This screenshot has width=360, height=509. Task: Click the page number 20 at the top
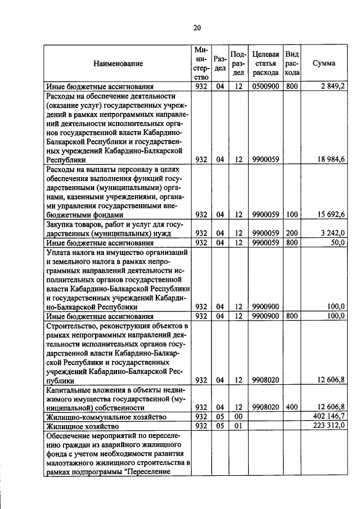coord(197,28)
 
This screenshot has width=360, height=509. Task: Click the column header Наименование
coord(118,64)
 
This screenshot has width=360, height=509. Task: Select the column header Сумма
coord(324,64)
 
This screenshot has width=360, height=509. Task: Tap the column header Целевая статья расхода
coord(265,64)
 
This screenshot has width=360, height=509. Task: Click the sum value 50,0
coord(338,242)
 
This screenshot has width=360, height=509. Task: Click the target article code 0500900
coord(265,86)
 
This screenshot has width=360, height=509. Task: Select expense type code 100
coord(291,214)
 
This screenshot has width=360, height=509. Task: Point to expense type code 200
coord(291,233)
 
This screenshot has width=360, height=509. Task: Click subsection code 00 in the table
coord(238,417)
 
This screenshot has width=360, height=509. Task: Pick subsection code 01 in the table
coord(238,426)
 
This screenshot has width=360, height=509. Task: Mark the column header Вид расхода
coord(292,64)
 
